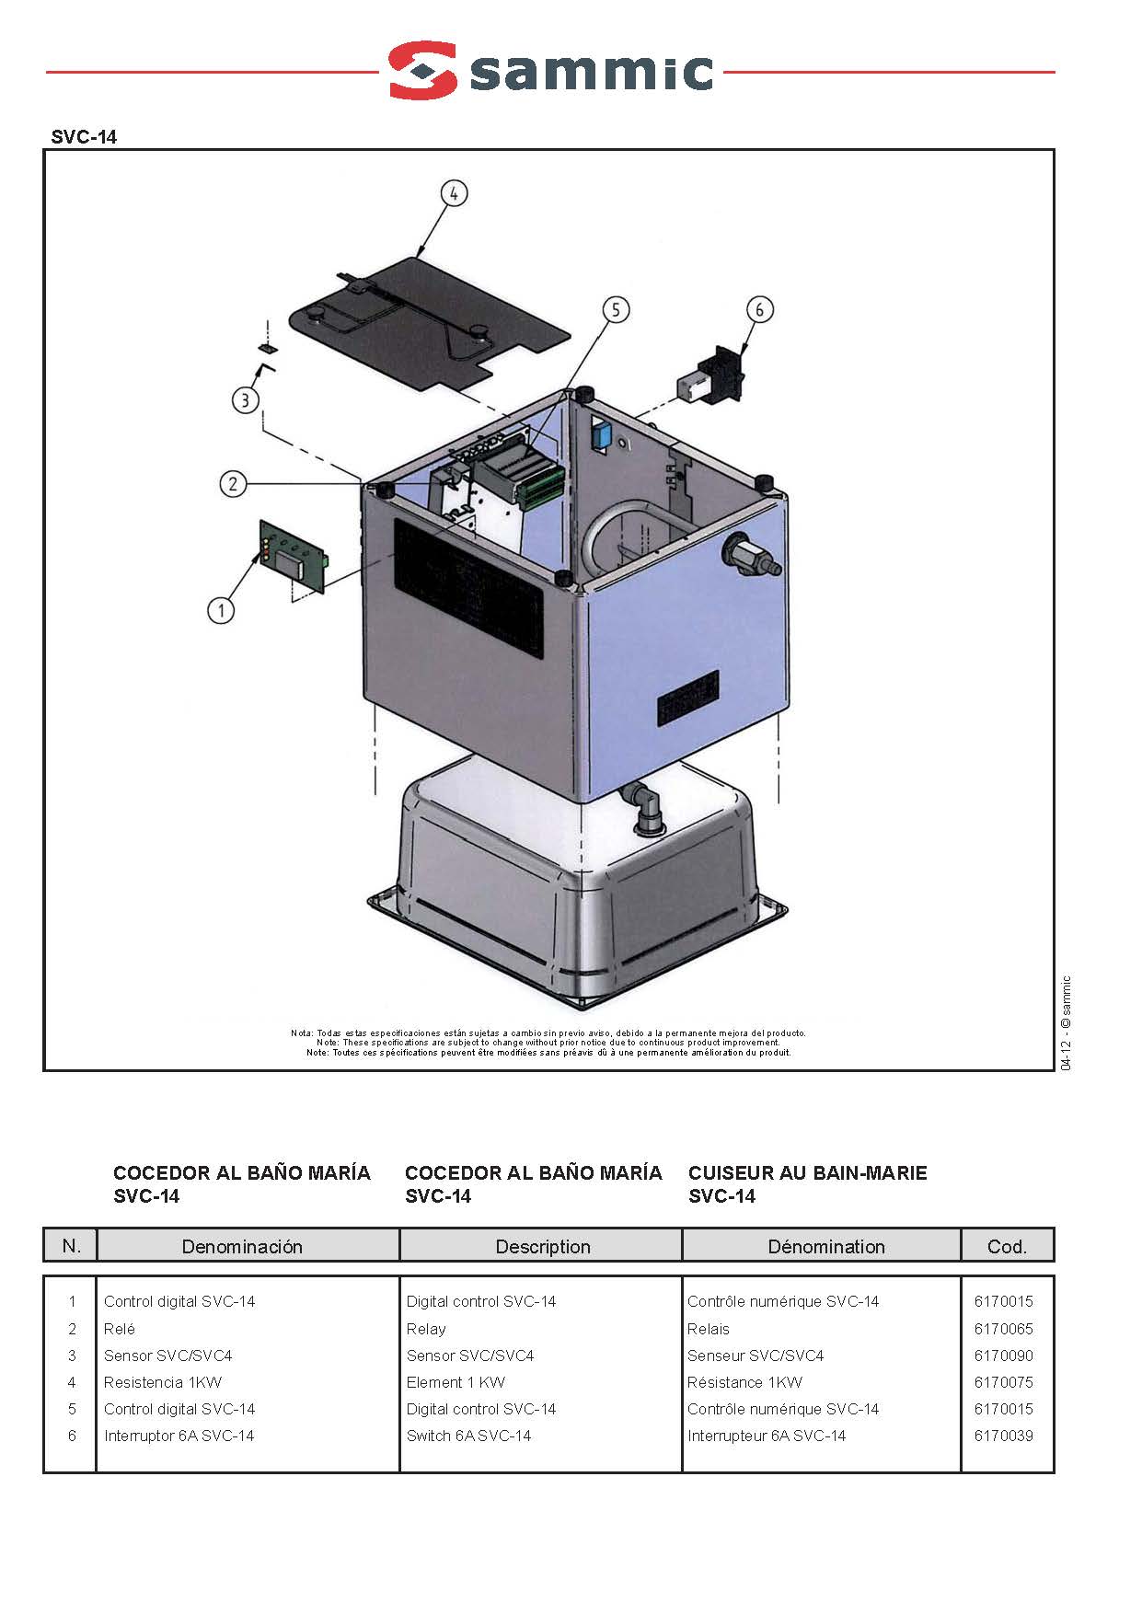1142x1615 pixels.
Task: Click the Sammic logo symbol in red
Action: point(423,70)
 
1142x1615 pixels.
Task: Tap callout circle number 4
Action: point(454,194)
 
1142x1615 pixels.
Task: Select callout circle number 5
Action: point(616,310)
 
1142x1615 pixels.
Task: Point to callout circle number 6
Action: point(759,310)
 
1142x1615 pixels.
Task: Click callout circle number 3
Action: point(245,400)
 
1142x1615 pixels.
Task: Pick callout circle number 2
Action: point(233,483)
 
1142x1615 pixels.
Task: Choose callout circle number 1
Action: point(221,609)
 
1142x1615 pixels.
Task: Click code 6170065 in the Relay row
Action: point(1003,1329)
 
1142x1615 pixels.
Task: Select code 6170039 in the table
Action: point(1003,1436)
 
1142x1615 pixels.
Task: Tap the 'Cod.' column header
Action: point(1007,1246)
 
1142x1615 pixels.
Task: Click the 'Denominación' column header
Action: point(242,1246)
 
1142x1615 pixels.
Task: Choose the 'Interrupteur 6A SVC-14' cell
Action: point(767,1436)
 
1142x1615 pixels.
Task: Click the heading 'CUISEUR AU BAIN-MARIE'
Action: point(808,1172)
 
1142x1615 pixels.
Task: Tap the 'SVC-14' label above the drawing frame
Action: point(84,137)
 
